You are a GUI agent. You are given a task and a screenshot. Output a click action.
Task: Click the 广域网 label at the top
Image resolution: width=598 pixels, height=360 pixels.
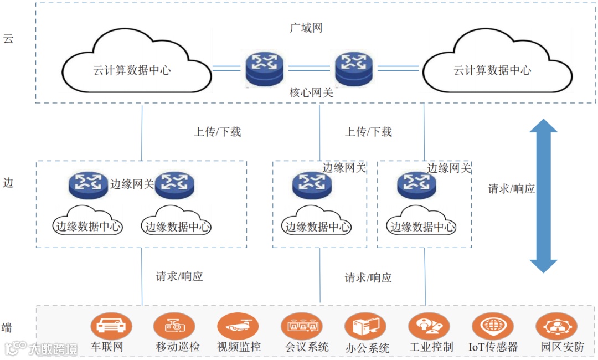pos(306,28)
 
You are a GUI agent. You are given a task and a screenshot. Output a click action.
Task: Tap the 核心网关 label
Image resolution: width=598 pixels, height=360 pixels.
pos(312,92)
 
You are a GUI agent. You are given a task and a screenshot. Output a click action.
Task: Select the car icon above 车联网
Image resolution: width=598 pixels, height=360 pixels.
pos(111,326)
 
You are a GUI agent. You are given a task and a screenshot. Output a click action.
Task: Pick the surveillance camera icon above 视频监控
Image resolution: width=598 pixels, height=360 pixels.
pos(239,326)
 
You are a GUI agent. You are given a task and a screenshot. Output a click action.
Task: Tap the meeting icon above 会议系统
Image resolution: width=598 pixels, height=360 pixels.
pos(302,326)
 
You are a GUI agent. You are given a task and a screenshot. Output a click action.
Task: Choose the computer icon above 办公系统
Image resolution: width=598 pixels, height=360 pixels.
pos(365,326)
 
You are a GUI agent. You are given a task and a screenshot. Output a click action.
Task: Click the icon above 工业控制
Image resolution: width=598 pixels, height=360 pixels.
pos(429,326)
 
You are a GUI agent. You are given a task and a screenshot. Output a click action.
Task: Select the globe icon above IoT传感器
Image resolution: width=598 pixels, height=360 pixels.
pos(492,326)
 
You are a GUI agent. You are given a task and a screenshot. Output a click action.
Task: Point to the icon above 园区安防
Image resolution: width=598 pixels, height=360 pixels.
pos(556,326)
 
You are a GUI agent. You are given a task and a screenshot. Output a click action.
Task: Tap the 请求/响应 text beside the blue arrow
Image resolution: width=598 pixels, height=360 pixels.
pos(511,188)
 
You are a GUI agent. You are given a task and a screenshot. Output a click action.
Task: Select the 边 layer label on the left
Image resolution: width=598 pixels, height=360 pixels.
pos(8,183)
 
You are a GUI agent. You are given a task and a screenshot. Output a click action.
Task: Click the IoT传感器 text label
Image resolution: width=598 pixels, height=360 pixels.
pos(493,347)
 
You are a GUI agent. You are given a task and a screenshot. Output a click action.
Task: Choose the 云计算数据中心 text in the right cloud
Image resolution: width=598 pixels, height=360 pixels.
pos(492,70)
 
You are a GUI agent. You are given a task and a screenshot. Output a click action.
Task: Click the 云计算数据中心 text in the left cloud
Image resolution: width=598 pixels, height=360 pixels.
pos(132,70)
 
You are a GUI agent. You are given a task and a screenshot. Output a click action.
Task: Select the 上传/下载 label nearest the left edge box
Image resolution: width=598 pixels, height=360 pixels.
pos(217,132)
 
